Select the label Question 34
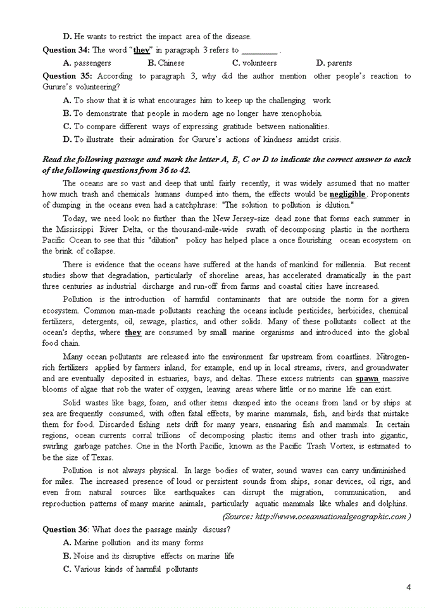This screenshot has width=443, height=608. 66,50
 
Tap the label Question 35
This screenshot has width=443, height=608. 66,76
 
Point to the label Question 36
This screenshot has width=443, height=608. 66,529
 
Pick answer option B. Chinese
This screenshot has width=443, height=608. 166,63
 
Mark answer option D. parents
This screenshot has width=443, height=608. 334,63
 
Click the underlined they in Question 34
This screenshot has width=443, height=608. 141,50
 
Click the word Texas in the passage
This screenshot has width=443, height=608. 100,457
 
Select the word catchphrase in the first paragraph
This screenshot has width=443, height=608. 196,205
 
